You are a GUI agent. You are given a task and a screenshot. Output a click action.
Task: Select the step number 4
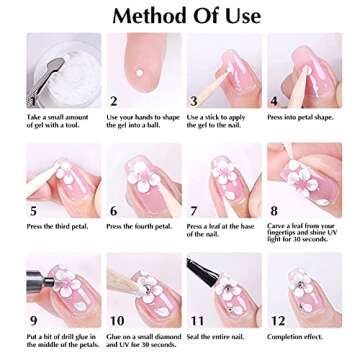[x=274, y=101]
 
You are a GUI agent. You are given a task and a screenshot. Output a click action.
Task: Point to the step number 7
[x=193, y=211]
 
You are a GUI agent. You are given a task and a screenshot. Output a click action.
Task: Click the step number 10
[x=117, y=320]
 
